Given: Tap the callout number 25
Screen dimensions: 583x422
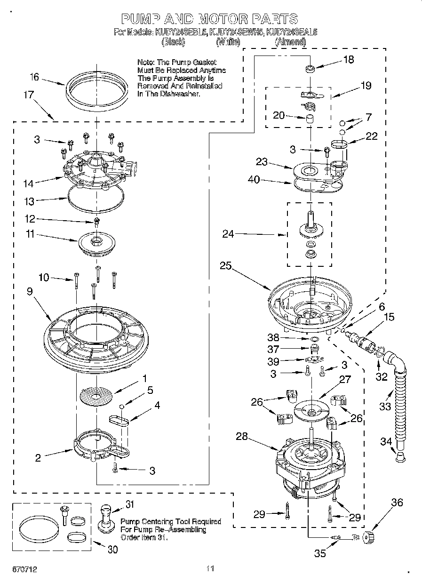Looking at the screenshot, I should coord(225,266).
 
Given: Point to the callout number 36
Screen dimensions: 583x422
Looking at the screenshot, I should coord(397,503).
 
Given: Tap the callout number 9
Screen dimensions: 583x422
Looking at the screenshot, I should coord(30,292).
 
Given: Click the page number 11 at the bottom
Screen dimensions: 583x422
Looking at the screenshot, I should coord(210,569).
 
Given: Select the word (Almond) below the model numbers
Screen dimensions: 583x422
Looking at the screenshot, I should coord(290,42).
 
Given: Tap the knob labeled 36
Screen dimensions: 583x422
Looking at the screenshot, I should coord(369,536).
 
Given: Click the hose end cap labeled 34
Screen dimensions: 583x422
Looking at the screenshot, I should coord(399,456).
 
